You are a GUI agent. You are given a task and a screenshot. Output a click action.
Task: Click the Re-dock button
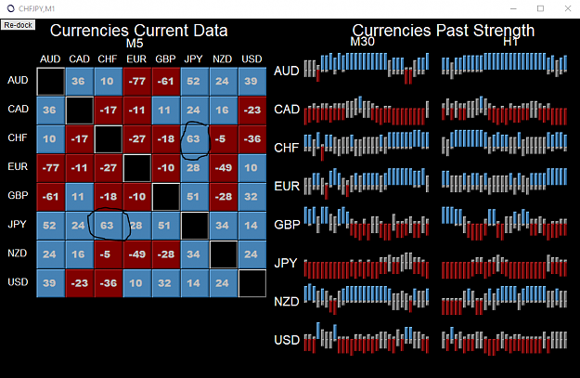point(18,25)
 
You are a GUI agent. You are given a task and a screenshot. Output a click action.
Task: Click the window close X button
point(568,8)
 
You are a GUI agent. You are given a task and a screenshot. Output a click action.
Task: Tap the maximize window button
point(540,8)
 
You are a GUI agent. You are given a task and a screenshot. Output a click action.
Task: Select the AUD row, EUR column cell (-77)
point(137,81)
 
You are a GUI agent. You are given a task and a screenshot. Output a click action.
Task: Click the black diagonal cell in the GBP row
point(166,197)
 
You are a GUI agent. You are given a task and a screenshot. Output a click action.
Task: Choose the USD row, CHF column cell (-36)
point(109,283)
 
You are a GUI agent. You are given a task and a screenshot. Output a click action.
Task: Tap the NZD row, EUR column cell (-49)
point(137,254)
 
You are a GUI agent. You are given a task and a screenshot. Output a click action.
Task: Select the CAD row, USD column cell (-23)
point(252,110)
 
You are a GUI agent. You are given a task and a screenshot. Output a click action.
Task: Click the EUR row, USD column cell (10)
point(252,168)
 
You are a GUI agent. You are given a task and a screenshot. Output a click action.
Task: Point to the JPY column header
point(193,59)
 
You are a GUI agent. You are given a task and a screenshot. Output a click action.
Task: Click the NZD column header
point(223,59)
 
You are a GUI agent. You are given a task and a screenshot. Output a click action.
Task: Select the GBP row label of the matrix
point(18,195)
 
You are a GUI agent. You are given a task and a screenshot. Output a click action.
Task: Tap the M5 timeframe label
point(135,44)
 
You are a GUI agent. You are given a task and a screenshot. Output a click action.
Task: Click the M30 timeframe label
point(363,42)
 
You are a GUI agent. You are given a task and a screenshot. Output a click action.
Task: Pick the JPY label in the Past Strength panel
point(286,263)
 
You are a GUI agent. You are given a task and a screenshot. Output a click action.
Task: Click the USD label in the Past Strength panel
point(287,340)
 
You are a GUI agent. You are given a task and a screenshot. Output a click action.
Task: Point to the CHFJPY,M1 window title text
point(36,8)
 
